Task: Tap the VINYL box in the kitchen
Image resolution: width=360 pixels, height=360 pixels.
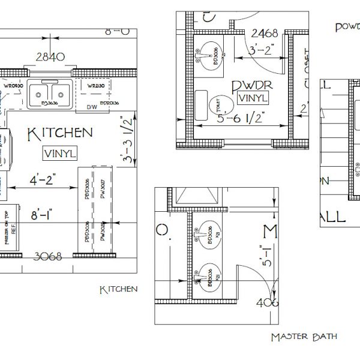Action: (60, 153)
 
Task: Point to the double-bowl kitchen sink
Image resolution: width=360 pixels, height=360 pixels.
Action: (50, 94)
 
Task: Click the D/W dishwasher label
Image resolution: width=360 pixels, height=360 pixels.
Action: (92, 107)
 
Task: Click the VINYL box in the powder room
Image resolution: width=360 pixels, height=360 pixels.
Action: (253, 97)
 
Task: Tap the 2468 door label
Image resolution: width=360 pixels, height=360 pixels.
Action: (264, 32)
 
